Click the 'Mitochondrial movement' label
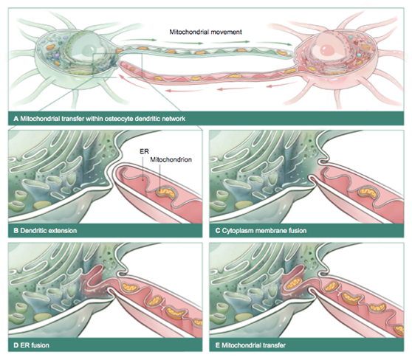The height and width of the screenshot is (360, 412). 205,32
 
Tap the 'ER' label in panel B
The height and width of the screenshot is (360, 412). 144,151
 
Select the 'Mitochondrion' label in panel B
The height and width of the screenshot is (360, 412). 171,159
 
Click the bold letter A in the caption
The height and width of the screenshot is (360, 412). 16,119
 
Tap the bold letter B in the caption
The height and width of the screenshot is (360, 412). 16,231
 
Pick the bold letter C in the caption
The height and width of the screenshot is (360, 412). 218,231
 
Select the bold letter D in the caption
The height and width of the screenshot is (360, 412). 16,345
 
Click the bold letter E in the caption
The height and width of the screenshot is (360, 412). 218,345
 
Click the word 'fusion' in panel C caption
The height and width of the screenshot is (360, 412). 298,231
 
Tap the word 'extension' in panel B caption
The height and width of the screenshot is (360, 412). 62,231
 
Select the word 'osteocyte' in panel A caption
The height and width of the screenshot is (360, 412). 119,119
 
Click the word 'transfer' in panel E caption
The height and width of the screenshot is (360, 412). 273,345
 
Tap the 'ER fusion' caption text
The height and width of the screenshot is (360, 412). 35,345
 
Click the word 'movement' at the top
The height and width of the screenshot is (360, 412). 227,32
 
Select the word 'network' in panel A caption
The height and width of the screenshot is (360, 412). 174,119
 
